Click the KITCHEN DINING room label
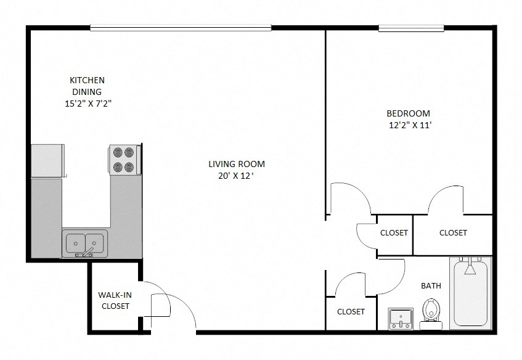(87, 86)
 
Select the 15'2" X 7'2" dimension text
(88, 104)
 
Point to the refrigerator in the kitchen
(47, 161)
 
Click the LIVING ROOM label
(236, 164)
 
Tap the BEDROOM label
(408, 113)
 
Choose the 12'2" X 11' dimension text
(409, 125)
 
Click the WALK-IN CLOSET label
(115, 300)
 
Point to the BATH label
(431, 285)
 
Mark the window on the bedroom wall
(411, 28)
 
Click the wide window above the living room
(181, 27)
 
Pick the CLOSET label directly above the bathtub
(453, 232)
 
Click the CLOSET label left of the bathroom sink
(351, 311)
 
